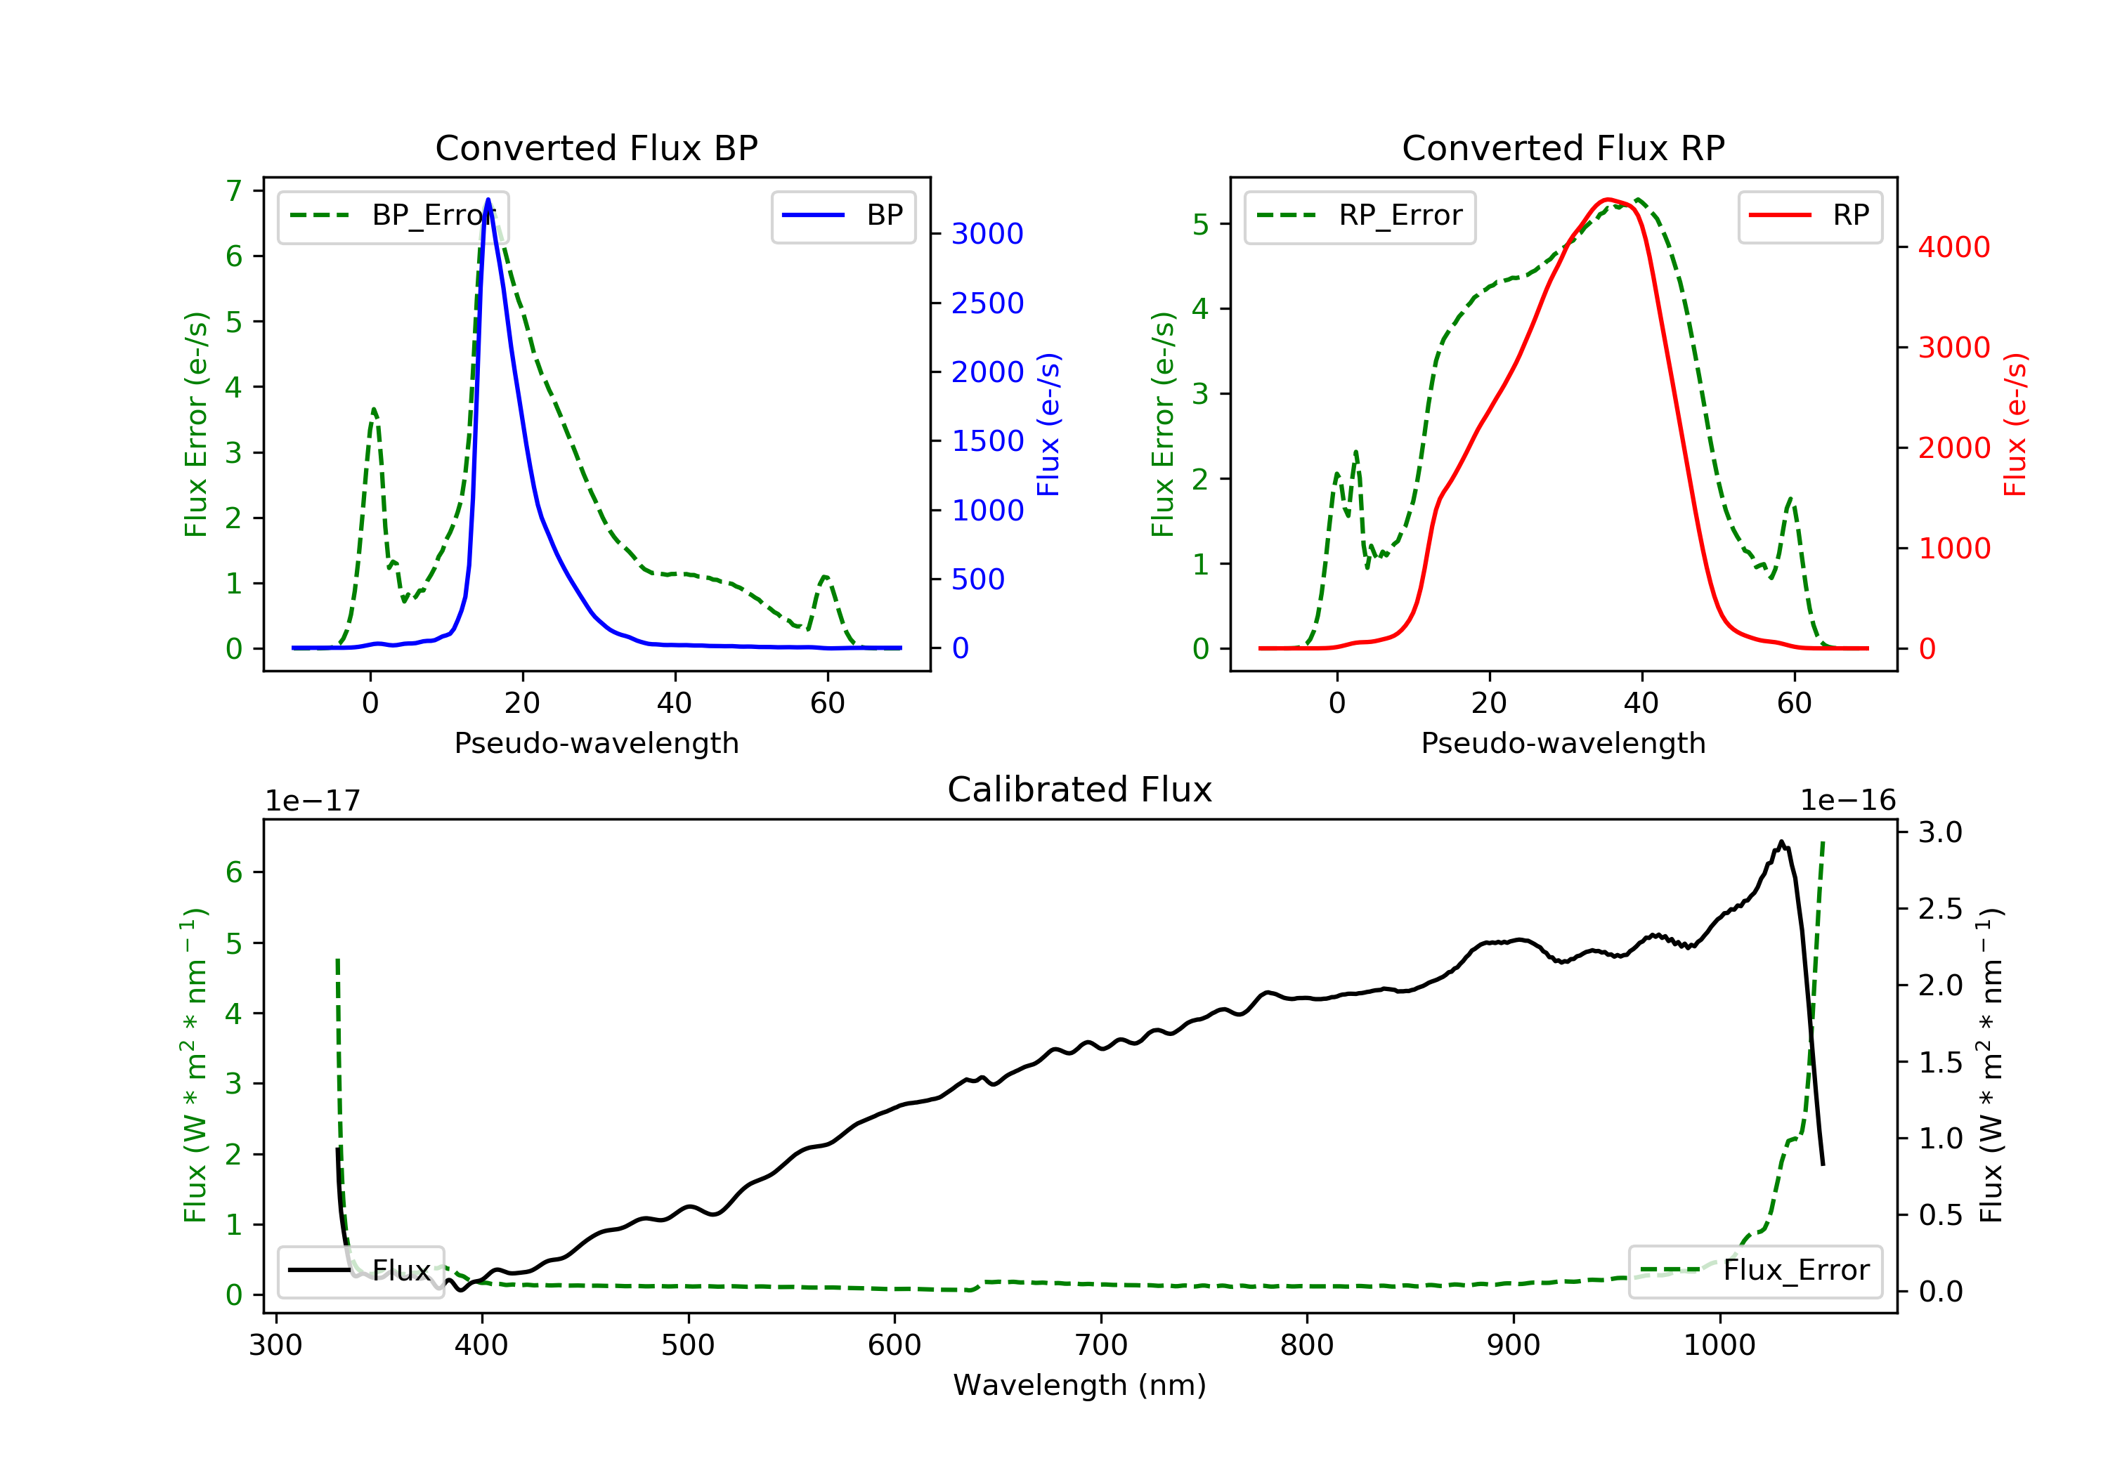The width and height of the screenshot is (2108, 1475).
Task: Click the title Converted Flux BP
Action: click(x=596, y=147)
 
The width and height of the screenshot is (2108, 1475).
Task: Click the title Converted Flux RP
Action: click(x=1563, y=147)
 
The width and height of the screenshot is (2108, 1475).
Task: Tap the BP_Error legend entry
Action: click(x=393, y=216)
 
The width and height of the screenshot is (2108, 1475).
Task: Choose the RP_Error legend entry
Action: click(x=1360, y=216)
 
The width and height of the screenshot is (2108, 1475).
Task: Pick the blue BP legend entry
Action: click(x=842, y=216)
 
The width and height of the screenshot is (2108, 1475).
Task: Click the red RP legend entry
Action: click(x=1809, y=216)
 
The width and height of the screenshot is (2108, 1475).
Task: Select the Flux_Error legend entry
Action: click(x=1755, y=1271)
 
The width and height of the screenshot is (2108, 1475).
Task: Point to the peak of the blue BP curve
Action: click(x=488, y=199)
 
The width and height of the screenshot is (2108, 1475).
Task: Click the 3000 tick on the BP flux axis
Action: click(x=987, y=234)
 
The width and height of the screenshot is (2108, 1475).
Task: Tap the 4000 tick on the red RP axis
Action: click(x=1953, y=247)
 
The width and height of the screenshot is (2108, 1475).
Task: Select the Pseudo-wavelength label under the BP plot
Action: click(x=596, y=742)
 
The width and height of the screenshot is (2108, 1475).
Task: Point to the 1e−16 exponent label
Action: click(x=1847, y=801)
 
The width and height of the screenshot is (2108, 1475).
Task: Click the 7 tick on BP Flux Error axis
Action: click(x=234, y=191)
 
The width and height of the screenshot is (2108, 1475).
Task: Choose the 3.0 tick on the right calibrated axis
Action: click(x=1940, y=832)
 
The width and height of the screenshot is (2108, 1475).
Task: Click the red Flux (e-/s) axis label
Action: click(x=2015, y=424)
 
